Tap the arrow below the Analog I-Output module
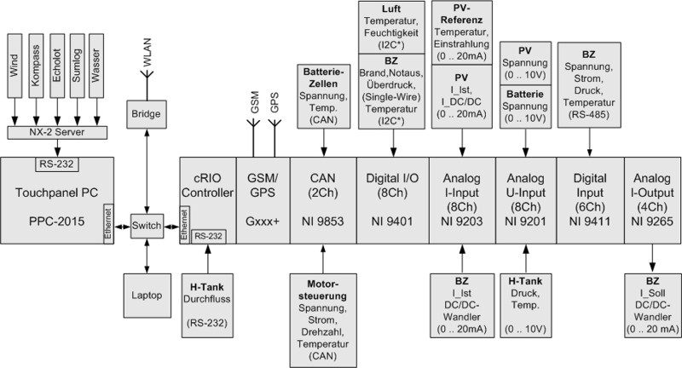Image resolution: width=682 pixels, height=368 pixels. click(x=651, y=256)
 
